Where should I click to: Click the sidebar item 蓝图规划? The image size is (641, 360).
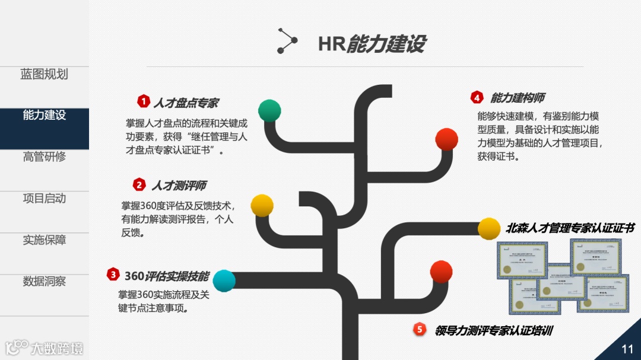click(44, 75)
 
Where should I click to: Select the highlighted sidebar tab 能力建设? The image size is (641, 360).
click(44, 116)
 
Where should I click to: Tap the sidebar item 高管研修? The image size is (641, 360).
click(44, 157)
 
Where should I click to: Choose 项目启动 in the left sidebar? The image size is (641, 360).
click(44, 199)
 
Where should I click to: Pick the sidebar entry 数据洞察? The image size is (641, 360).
click(44, 282)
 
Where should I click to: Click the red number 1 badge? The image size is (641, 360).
click(143, 101)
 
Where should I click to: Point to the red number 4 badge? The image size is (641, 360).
click(477, 97)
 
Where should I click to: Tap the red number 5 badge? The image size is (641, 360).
click(420, 329)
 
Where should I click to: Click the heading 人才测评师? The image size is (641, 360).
click(179, 186)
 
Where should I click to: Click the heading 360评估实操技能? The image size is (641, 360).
click(167, 276)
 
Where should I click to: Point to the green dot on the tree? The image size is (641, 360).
click(269, 110)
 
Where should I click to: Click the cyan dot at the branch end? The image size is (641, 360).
click(224, 281)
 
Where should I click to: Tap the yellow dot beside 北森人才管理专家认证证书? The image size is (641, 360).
click(489, 229)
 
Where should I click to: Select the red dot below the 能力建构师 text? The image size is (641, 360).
click(446, 139)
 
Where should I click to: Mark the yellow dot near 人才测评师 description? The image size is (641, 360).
click(262, 205)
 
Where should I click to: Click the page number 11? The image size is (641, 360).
click(627, 348)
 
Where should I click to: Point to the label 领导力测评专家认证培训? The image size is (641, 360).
click(493, 330)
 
